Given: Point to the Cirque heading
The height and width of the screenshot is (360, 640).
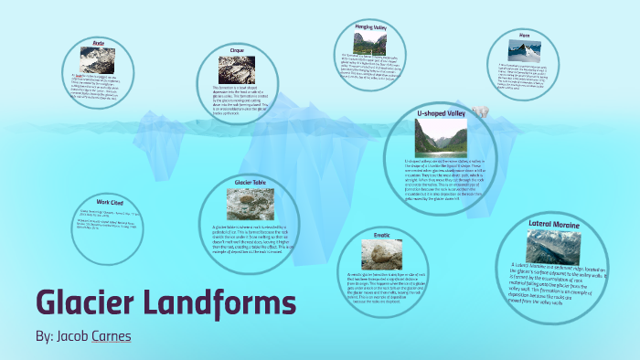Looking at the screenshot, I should tap(237, 51).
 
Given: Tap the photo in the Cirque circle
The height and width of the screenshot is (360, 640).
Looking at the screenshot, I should tap(237, 69).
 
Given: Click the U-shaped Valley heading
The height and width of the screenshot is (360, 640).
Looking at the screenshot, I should tap(443, 113).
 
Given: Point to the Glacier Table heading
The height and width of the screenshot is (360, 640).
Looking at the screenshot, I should tap(250, 183).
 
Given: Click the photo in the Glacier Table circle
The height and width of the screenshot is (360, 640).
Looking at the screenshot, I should tap(250, 203).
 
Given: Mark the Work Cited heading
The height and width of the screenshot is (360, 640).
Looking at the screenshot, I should tap(109, 201).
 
